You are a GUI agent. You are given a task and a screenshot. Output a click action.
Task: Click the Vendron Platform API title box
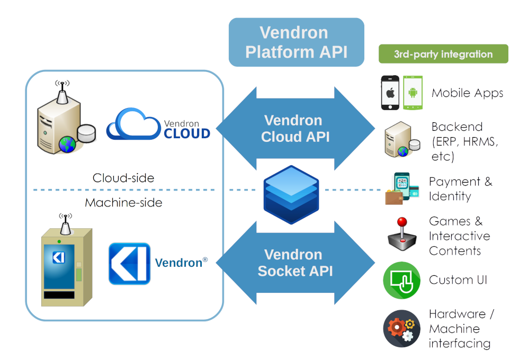click(x=296, y=42)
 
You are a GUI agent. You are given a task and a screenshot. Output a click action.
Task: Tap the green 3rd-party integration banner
click(x=443, y=54)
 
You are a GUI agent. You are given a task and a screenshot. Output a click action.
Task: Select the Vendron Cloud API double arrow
click(x=296, y=129)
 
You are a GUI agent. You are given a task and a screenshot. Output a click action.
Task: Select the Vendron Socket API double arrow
click(x=296, y=263)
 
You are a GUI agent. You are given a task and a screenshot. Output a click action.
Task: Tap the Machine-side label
click(x=123, y=203)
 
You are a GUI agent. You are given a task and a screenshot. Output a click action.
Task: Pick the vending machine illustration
click(x=67, y=267)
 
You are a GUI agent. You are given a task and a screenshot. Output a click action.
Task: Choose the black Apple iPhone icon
click(x=390, y=93)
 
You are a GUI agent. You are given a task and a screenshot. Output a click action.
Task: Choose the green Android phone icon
click(x=413, y=93)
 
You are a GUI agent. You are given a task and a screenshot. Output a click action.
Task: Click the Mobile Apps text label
click(x=467, y=93)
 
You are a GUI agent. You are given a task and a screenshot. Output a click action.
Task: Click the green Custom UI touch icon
click(x=401, y=280)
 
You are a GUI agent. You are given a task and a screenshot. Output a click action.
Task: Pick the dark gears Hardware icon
click(x=401, y=328)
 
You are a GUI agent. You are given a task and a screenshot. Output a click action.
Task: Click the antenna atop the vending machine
click(x=66, y=223)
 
